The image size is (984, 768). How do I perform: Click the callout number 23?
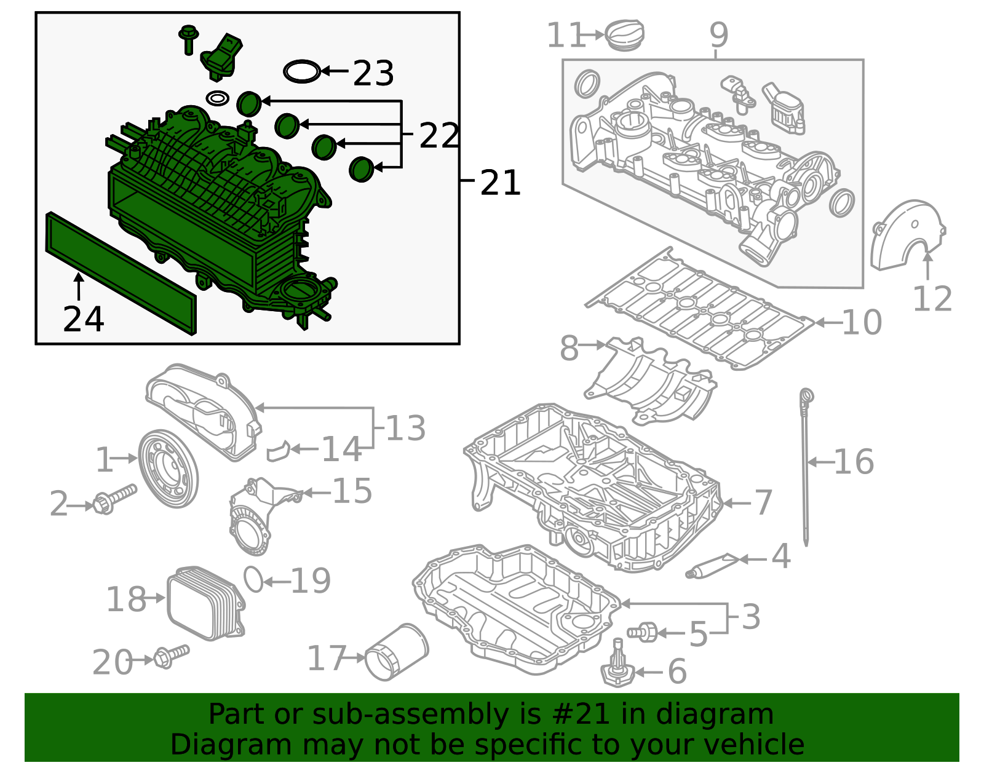coord(373,73)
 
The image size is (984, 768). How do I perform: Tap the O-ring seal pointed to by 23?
coord(302,71)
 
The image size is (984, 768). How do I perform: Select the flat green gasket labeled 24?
coord(120,272)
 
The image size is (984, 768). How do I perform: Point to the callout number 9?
coord(718,35)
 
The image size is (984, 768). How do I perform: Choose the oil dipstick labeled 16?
coord(805,467)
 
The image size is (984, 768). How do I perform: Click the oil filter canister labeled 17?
coord(396,652)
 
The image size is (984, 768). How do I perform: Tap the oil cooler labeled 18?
coord(205,604)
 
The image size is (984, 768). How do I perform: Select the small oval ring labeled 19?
coord(253,579)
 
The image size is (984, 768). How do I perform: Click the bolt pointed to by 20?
coord(172,655)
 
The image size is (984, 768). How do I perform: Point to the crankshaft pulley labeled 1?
coord(168,469)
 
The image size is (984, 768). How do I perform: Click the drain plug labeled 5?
coord(643,631)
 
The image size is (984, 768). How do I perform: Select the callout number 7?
coord(763,502)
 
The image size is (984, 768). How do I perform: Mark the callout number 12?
coord(932,299)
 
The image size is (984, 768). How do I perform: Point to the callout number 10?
coord(862,322)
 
